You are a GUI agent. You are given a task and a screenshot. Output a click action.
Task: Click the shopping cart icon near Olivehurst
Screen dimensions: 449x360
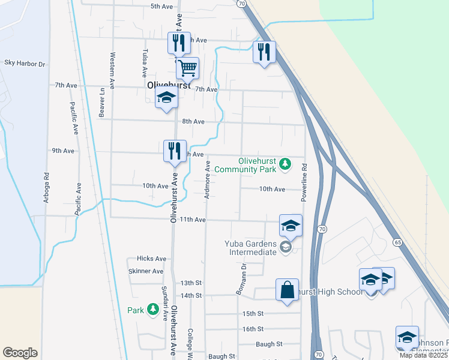[188, 69]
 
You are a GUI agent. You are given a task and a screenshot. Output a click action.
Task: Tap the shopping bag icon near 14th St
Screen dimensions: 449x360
[288, 290]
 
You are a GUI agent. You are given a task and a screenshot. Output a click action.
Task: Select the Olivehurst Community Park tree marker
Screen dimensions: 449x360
[286, 163]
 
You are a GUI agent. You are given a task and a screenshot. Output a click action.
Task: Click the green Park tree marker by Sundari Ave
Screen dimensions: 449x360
[154, 310]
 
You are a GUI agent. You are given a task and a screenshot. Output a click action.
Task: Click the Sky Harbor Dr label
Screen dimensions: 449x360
[25, 63]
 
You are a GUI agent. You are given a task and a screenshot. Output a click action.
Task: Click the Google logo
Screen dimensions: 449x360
[20, 353]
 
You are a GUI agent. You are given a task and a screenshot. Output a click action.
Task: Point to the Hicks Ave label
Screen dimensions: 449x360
[151, 259]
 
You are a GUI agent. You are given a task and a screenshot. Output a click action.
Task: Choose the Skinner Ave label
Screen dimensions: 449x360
[146, 271]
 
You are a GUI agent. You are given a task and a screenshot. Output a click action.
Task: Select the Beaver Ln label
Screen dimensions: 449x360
[102, 103]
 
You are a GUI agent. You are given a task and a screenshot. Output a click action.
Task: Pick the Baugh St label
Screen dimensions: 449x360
[268, 344]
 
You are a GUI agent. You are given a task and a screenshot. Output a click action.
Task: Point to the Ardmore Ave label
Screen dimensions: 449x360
[207, 179]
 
